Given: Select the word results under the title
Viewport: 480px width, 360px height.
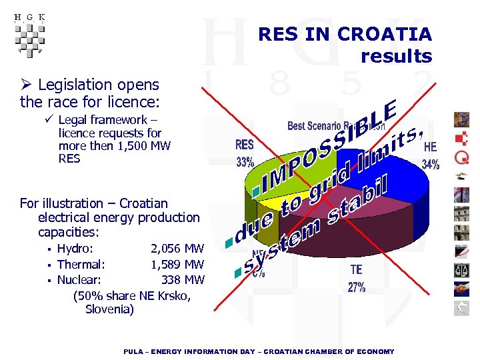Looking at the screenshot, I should [396, 56].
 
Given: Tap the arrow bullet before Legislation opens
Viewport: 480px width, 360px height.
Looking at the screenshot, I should [27, 85].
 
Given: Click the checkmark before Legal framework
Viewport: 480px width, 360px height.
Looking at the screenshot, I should [49, 120].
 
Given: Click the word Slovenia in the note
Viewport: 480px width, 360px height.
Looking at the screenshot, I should [109, 309].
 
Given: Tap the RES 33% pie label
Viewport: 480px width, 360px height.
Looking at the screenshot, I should [245, 153].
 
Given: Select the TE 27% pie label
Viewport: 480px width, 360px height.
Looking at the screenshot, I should [357, 279].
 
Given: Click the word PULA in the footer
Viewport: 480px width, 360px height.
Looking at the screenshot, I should [135, 351].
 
